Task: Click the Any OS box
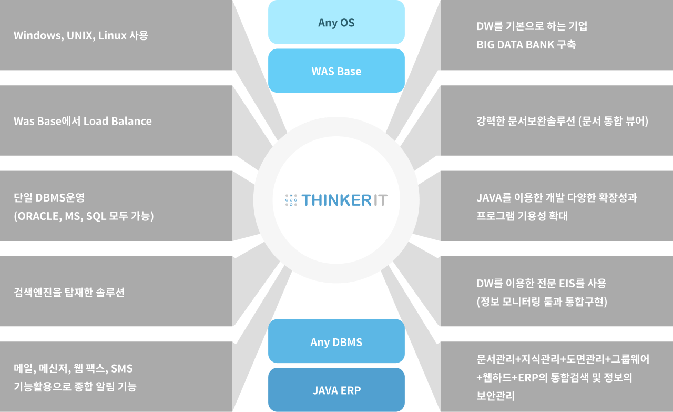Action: pyautogui.click(x=336, y=22)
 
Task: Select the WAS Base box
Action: pyautogui.click(x=336, y=71)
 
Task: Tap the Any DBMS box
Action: pyautogui.click(x=336, y=341)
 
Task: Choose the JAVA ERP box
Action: pyautogui.click(x=336, y=390)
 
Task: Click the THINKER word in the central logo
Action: pyautogui.click(x=336, y=200)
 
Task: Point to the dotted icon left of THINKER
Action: pyautogui.click(x=291, y=200)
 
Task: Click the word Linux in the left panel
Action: pyautogui.click(x=113, y=35)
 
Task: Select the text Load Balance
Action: pyautogui.click(x=117, y=121)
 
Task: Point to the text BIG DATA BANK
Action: pyautogui.click(x=515, y=45)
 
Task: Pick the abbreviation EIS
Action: pyautogui.click(x=567, y=283)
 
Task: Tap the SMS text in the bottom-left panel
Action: pyautogui.click(x=121, y=368)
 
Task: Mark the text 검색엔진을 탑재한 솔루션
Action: pyautogui.click(x=69, y=293)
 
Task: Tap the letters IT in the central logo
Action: pyautogui.click(x=380, y=200)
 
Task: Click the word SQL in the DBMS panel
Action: pyautogui.click(x=96, y=216)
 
